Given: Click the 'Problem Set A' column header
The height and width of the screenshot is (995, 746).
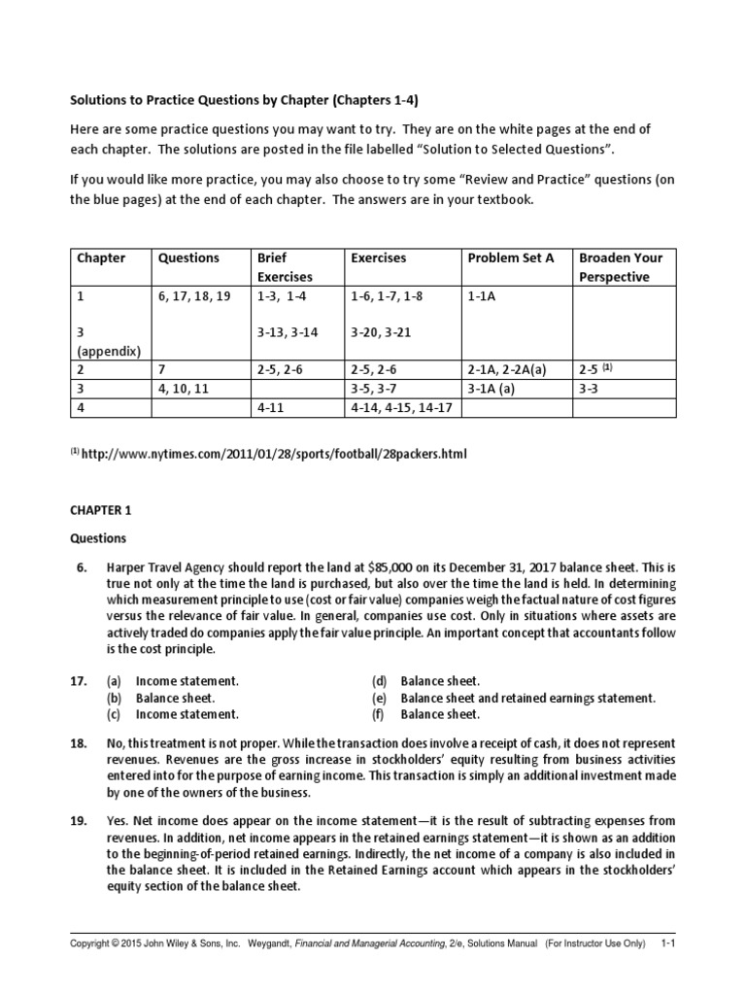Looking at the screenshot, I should pos(511,258).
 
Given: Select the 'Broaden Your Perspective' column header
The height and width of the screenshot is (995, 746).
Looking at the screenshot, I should pos(621,267).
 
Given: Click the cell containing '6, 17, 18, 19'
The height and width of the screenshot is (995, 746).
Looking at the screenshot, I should pos(194,296).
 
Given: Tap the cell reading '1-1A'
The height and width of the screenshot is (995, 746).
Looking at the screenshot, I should pos(483,296).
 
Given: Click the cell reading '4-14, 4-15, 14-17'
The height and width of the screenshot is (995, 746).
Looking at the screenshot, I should pos(401,408).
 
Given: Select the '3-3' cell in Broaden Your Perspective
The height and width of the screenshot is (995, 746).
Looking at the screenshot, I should pos(590,389).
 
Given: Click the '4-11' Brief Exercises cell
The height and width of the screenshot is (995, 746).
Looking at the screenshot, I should pos(271,408).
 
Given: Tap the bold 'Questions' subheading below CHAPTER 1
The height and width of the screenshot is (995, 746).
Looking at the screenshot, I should pos(96,538).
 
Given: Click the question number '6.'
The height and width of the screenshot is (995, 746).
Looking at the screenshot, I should pos(83,567).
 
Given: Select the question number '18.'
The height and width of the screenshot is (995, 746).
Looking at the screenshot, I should pos(79,742).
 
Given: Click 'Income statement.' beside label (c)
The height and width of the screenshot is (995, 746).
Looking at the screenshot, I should pos(186,714).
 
